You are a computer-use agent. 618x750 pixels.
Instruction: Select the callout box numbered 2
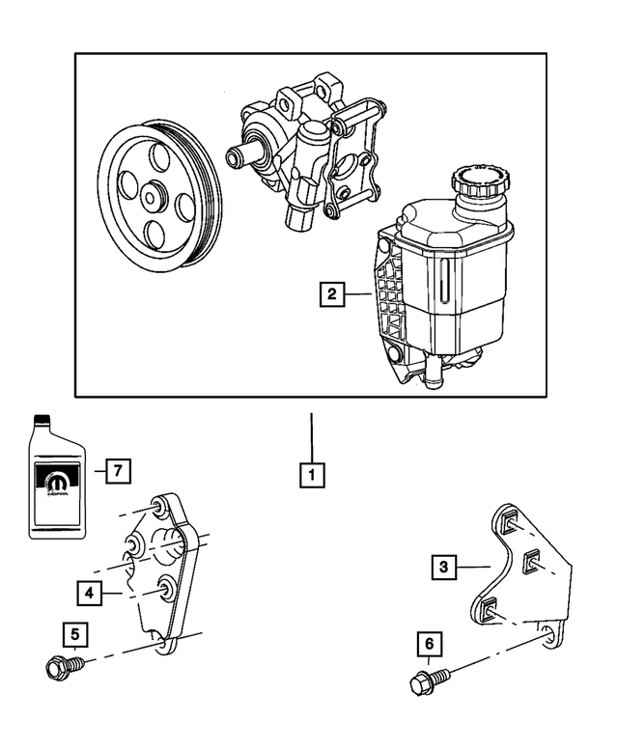(331, 293)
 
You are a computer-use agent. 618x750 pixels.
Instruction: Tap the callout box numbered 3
(443, 567)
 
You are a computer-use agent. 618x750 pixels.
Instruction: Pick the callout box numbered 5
(72, 634)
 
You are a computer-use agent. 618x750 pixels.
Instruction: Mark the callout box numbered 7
(118, 470)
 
